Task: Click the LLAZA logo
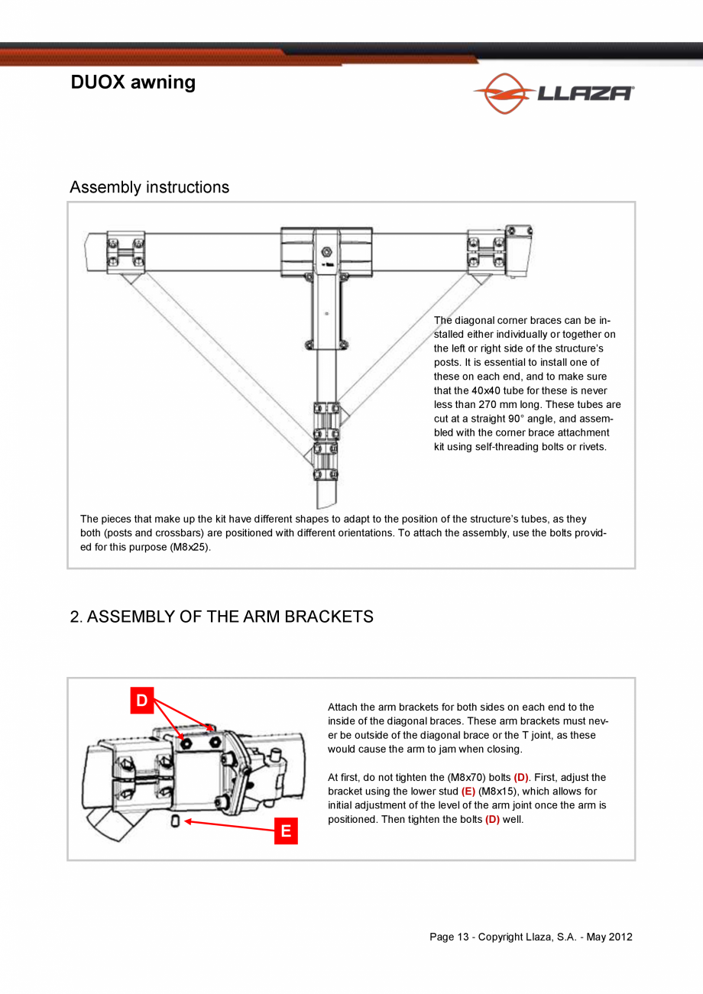click(x=553, y=93)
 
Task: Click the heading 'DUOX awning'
click(x=133, y=83)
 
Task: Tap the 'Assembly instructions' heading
click(x=149, y=187)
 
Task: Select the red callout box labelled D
click(x=142, y=701)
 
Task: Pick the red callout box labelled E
click(x=286, y=831)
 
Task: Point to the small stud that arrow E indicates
click(x=176, y=821)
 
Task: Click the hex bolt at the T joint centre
click(x=326, y=251)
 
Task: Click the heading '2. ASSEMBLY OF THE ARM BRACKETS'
click(x=222, y=617)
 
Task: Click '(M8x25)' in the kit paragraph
click(x=189, y=547)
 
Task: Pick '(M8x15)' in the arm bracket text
click(x=497, y=792)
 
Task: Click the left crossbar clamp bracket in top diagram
click(x=125, y=251)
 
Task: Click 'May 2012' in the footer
click(x=610, y=937)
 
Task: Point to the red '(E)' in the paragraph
click(x=468, y=792)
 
